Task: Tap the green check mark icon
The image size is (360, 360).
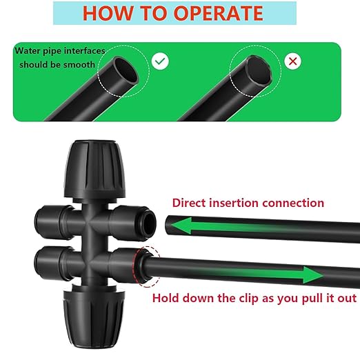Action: click(x=161, y=61)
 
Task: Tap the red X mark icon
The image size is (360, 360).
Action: click(x=294, y=61)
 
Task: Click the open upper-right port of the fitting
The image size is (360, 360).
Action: click(x=150, y=222)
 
